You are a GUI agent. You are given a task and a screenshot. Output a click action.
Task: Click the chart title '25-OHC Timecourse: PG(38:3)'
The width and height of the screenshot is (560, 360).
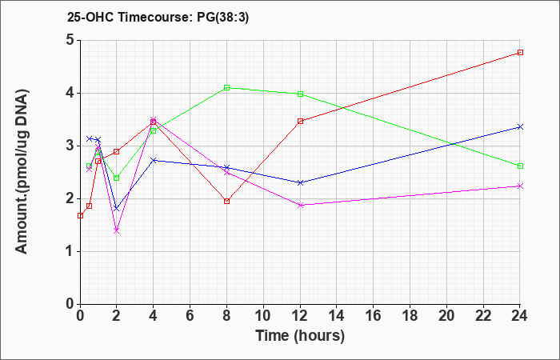(158, 18)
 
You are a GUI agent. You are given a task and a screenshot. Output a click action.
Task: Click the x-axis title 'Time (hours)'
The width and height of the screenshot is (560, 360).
(300, 336)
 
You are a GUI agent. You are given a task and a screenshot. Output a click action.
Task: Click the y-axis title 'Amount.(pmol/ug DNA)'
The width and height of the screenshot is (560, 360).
(22, 172)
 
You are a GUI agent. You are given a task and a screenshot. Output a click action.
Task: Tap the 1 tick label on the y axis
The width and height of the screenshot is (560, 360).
(70, 252)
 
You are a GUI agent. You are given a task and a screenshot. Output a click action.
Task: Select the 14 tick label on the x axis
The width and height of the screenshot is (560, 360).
(337, 316)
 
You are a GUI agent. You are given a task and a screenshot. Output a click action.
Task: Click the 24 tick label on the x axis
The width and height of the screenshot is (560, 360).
(520, 316)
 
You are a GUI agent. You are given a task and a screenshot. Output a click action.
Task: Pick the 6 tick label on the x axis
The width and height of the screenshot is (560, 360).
(190, 316)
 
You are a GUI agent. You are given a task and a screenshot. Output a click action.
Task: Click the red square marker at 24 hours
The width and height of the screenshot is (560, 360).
(520, 53)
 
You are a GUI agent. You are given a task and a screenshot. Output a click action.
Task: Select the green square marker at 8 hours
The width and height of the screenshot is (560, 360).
(226, 87)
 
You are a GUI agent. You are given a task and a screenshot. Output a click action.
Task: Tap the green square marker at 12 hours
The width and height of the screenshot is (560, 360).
(300, 94)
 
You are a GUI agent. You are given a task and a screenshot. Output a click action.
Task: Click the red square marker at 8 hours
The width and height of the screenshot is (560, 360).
(226, 201)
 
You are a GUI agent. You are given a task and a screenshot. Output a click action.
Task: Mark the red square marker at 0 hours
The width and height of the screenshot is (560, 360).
(80, 216)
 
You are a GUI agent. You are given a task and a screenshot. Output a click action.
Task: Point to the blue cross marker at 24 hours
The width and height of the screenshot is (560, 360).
(520, 126)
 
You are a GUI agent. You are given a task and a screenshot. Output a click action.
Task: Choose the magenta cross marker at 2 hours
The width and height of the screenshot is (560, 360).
(117, 230)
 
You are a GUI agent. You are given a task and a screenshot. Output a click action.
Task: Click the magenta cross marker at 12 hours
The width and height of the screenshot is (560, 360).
(300, 205)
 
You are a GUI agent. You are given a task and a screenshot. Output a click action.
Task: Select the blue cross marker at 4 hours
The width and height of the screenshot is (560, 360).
(154, 160)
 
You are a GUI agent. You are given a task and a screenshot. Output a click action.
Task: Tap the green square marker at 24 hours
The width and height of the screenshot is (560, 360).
(520, 166)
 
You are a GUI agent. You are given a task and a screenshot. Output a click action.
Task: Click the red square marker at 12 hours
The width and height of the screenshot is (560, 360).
(300, 121)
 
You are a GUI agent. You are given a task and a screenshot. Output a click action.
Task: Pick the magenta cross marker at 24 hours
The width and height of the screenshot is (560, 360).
(520, 186)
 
